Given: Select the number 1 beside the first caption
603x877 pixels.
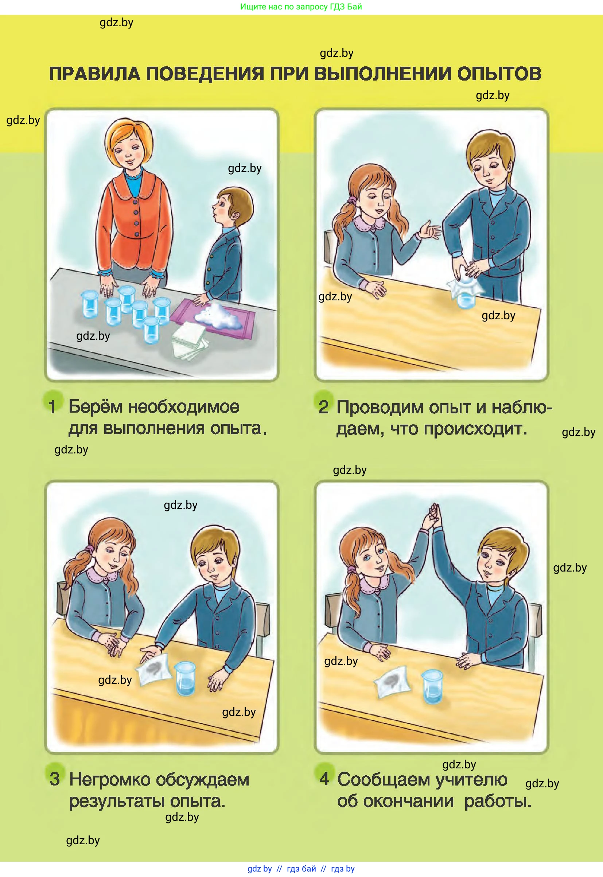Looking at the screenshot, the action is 52,407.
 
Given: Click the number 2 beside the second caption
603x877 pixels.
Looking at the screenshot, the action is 323,407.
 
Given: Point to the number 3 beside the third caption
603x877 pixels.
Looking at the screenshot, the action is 55,779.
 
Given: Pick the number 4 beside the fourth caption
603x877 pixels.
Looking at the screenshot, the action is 324,779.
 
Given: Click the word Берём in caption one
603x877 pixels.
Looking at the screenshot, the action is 96,407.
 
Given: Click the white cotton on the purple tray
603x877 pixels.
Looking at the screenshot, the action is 219,316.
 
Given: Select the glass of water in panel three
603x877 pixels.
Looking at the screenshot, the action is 185,678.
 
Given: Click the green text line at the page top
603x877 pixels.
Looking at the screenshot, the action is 301,7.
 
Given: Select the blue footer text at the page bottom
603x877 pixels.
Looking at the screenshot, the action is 301,869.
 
